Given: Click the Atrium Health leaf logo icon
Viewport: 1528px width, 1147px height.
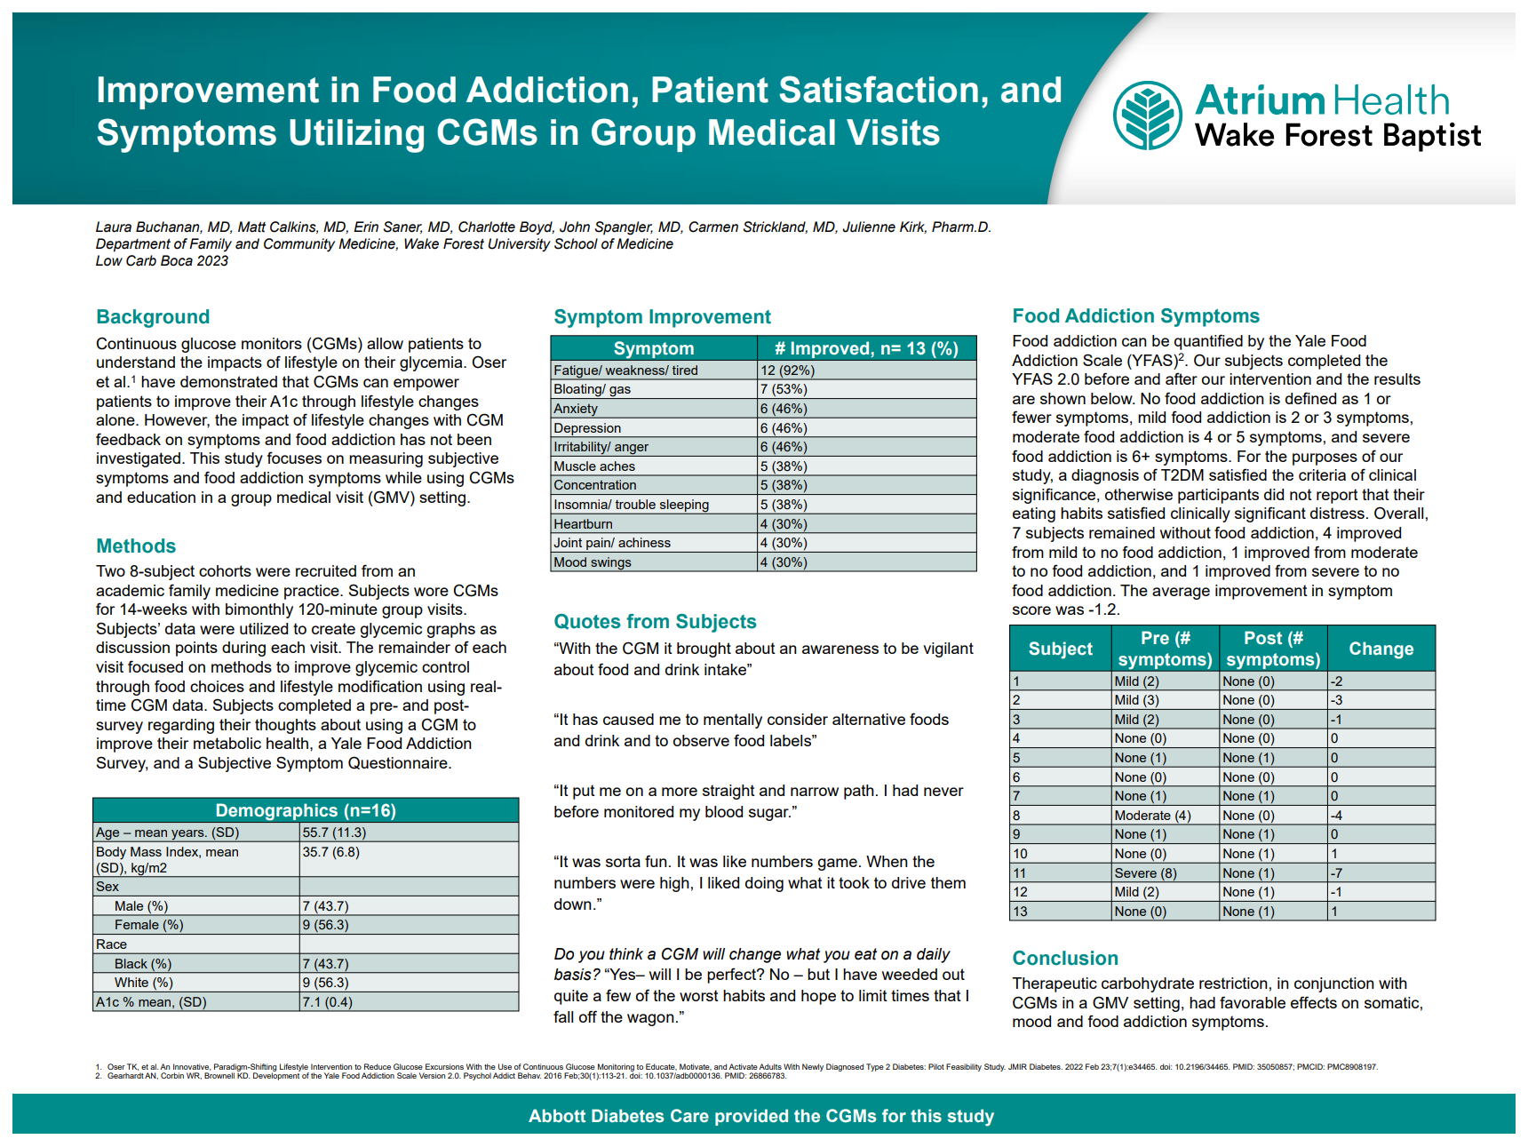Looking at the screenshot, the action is (1148, 115).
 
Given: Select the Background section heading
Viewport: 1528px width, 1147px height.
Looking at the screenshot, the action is (153, 317).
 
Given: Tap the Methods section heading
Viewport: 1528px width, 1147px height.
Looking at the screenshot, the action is (136, 546).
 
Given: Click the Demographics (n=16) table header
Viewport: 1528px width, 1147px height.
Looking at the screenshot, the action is (306, 810).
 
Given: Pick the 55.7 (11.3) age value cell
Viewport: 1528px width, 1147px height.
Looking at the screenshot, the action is (409, 832).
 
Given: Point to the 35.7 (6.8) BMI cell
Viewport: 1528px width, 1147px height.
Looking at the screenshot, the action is (409, 859).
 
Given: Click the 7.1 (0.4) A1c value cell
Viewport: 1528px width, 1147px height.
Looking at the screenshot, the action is (409, 1002).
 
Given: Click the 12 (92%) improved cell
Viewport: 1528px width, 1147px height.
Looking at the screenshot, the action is (866, 370).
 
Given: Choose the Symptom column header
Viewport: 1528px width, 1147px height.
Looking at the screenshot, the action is (654, 348).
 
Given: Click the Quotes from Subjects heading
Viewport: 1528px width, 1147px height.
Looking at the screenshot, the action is (655, 622).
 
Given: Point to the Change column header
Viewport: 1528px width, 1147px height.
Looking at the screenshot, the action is (1381, 649).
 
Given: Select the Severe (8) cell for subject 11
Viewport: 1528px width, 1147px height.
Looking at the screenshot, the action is (1166, 873).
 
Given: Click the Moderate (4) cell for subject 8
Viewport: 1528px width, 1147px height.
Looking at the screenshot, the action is (1166, 816).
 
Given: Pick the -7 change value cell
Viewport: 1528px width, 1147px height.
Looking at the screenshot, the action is (1381, 873).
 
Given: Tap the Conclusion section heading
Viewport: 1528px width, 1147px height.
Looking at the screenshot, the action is (1065, 959).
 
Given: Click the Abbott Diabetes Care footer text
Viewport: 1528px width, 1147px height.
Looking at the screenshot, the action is (761, 1116).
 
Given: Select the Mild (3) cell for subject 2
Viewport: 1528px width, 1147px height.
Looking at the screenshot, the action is (1166, 700).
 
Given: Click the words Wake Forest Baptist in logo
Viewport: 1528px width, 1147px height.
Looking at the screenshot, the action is (1338, 136).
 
